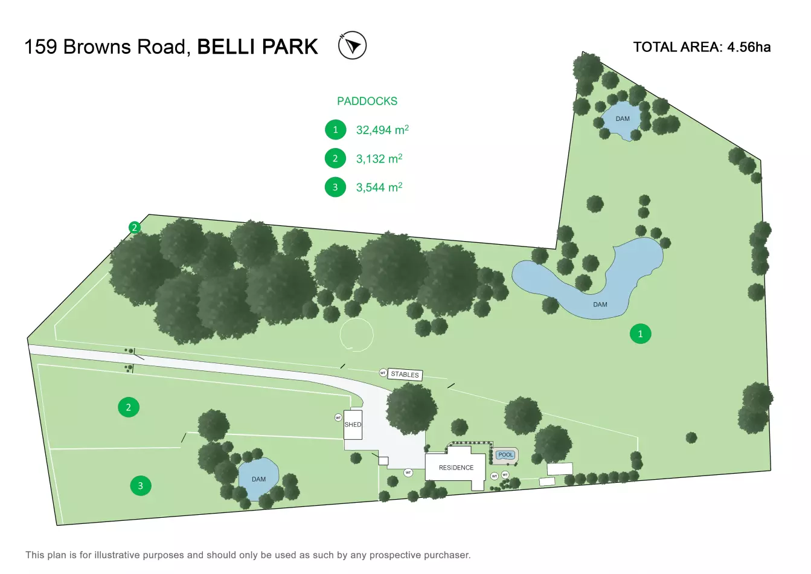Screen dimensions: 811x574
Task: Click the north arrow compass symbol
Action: [x=352, y=45]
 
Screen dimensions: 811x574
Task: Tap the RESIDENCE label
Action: [x=456, y=468]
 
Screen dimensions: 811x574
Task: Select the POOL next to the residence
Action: [x=505, y=455]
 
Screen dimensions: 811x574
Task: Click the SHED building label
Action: [x=353, y=424]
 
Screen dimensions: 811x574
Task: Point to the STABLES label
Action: [x=405, y=375]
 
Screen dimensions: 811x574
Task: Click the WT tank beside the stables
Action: [x=383, y=373]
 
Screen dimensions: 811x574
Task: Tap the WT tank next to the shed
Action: [x=338, y=418]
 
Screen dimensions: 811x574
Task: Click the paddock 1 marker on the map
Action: [x=640, y=334]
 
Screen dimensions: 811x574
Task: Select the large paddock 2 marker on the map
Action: [x=128, y=407]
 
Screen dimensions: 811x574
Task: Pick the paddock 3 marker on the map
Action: [x=141, y=486]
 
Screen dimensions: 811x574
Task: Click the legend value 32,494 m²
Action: [x=382, y=130]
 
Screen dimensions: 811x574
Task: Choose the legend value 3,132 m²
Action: [x=379, y=159]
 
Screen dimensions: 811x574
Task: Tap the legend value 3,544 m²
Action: [x=379, y=187]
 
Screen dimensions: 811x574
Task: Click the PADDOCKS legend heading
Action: [x=367, y=101]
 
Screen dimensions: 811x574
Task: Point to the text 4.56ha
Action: [x=749, y=47]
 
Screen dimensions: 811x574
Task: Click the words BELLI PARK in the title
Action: [x=257, y=47]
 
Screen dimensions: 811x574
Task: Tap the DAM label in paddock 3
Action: [x=258, y=479]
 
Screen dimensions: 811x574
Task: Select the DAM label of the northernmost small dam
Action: [x=623, y=118]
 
